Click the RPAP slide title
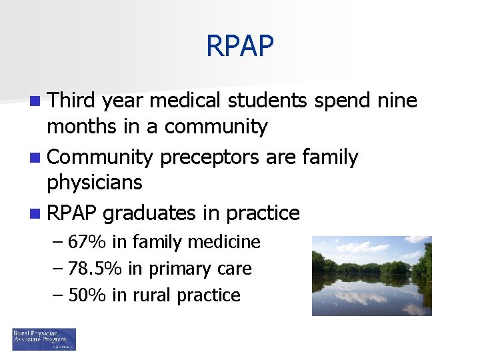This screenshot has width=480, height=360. coord(239,46)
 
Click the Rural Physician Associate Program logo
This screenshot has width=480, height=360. coord(44,339)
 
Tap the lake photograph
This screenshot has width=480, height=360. coord(371,275)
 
